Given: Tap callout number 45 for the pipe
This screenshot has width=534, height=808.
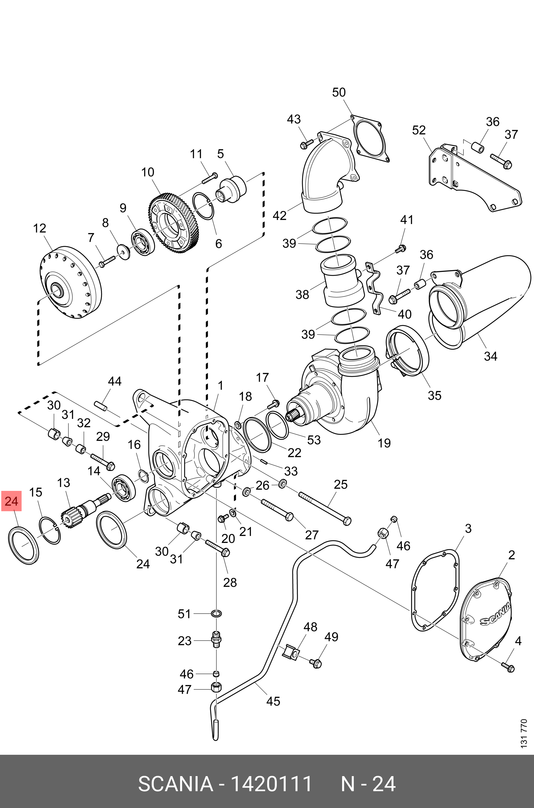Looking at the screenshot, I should point(273,701).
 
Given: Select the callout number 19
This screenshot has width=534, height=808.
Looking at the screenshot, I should point(384,443).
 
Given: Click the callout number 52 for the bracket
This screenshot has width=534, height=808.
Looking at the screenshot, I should point(419,130).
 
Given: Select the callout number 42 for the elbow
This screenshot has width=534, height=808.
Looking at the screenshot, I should point(280,215).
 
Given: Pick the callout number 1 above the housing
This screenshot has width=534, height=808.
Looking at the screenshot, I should point(220,386).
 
